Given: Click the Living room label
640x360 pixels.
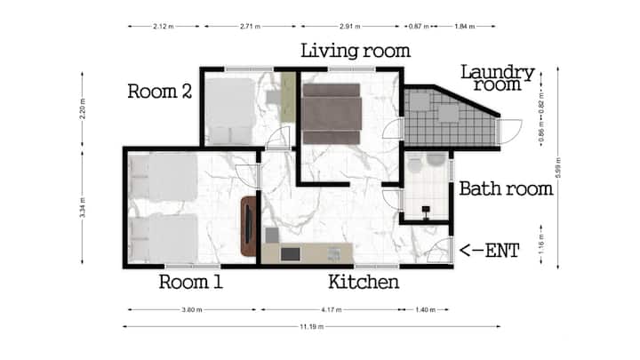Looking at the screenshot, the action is tap(356, 51).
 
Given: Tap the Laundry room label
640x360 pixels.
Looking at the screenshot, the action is tap(498, 78).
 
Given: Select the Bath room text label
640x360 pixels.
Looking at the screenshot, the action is tap(506, 188).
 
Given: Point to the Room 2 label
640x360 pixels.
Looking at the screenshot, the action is tap(160, 91).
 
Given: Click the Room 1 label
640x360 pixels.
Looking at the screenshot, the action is tap(191, 282).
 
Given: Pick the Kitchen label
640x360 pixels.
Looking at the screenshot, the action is tap(364, 282).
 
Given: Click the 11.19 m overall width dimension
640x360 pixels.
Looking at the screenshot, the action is tap(312, 326).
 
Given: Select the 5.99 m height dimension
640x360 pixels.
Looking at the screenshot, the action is tap(558, 167).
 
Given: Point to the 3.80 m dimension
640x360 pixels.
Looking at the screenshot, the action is tap(192, 310).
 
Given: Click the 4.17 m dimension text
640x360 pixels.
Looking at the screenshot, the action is tap(331, 310).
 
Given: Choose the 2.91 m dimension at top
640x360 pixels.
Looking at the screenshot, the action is tap(350, 26).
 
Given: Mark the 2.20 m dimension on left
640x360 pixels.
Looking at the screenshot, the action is tap(83, 108).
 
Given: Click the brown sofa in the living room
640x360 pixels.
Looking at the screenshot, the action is tap(332, 114).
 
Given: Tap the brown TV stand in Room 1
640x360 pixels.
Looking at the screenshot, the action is tap(249, 226).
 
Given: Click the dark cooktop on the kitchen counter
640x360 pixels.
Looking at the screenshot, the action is tap(290, 254).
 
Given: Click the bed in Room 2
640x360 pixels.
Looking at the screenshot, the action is tap(230, 111).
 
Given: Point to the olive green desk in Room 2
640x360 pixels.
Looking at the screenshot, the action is tap(288, 97).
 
